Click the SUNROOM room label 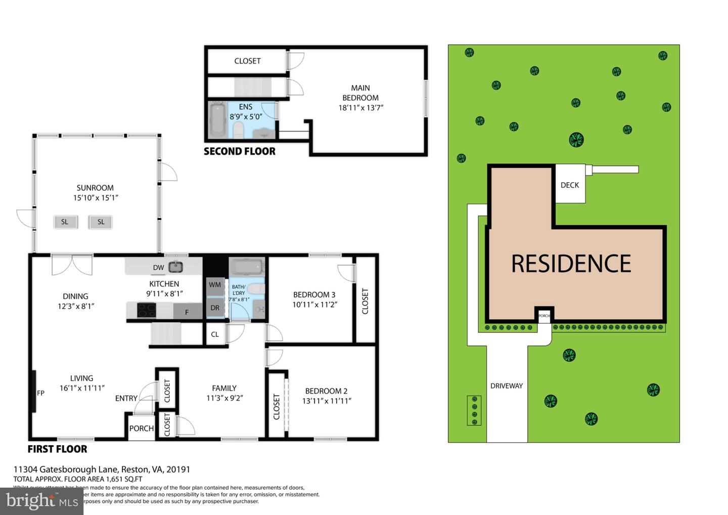pos(95,188)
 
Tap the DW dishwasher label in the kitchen pos(158,267)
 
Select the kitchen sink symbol pos(175,266)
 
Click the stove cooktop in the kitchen pos(147,310)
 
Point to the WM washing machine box pos(215,285)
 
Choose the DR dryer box pos(215,308)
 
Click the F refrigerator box pos(187,312)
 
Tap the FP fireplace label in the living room pos(41,393)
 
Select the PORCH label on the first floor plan pos(142,428)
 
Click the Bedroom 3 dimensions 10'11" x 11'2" pos(314,305)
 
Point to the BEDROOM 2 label pos(326,391)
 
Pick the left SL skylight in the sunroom pos(65,222)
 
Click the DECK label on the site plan pos(570,185)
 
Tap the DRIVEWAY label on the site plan pos(507,386)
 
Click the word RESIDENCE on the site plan pos(571,264)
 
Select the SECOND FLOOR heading pos(240,151)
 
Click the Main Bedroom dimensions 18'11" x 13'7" pos(361,108)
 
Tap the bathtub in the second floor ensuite pos(217,120)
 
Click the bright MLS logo pos(41,501)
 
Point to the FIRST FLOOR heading pos(57,449)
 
